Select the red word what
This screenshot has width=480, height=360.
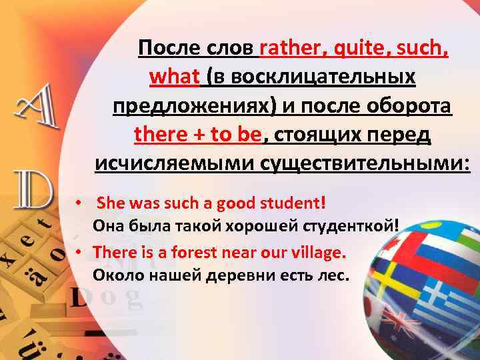[x=175, y=77]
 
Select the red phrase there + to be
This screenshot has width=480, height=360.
[x=198, y=135]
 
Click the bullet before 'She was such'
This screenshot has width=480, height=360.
[x=78, y=201]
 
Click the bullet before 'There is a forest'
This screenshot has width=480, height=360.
[x=78, y=253]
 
